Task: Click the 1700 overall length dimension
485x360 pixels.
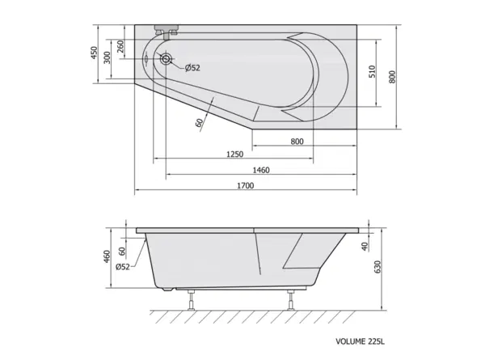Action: click(x=246, y=185)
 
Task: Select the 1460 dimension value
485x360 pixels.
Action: click(x=261, y=170)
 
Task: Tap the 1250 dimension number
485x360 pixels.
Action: click(x=234, y=154)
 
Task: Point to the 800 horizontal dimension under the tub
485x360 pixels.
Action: click(x=297, y=142)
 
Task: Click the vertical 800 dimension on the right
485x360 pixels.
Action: click(x=392, y=77)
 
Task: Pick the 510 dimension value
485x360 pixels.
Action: click(x=372, y=71)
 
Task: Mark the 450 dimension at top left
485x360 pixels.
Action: click(x=94, y=53)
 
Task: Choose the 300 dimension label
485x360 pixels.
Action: click(x=107, y=57)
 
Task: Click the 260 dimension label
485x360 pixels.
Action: click(x=120, y=46)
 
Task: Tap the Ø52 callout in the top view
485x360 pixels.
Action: click(x=192, y=68)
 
